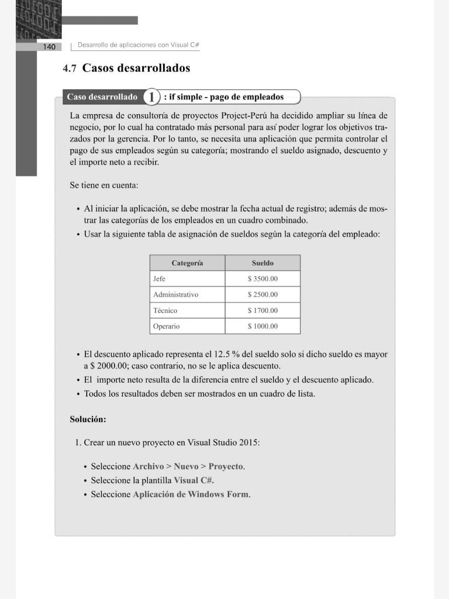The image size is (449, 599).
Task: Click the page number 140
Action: click(x=49, y=46)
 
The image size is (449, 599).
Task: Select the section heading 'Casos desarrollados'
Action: click(x=136, y=68)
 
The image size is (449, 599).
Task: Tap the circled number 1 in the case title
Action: click(x=151, y=97)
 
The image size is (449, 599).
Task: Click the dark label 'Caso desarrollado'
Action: click(x=102, y=97)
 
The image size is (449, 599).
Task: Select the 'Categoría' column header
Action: click(x=187, y=263)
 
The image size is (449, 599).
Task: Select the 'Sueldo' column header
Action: click(x=263, y=263)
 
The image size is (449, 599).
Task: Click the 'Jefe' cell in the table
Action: click(x=159, y=279)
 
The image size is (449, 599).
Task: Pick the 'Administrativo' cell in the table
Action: click(x=175, y=295)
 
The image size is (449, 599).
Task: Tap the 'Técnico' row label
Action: click(x=165, y=311)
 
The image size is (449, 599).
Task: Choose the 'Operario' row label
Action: click(x=166, y=326)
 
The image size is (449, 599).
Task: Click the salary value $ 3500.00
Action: click(x=263, y=279)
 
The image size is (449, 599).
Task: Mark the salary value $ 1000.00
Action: click(x=263, y=326)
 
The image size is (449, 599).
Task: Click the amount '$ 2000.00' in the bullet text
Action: click(x=108, y=366)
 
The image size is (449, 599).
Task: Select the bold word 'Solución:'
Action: click(x=88, y=419)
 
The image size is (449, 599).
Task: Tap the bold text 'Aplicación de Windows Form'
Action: click(x=191, y=494)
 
